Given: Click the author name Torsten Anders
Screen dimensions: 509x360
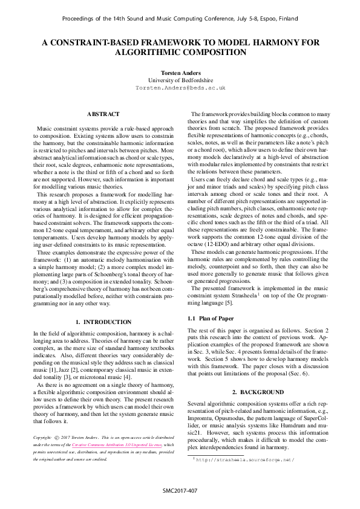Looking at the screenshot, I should click(x=180, y=72).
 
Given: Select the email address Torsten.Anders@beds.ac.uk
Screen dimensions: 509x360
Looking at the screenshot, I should click(x=180, y=88).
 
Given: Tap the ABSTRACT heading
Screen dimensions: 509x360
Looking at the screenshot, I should click(x=103, y=114).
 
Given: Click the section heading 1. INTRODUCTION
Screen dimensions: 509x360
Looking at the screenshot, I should click(x=103, y=322).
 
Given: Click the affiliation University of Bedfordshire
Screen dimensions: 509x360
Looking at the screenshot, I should click(x=180, y=80).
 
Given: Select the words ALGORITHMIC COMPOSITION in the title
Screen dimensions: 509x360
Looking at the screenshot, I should click(x=180, y=53).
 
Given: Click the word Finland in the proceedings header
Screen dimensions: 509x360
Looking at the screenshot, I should click(x=286, y=19).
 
